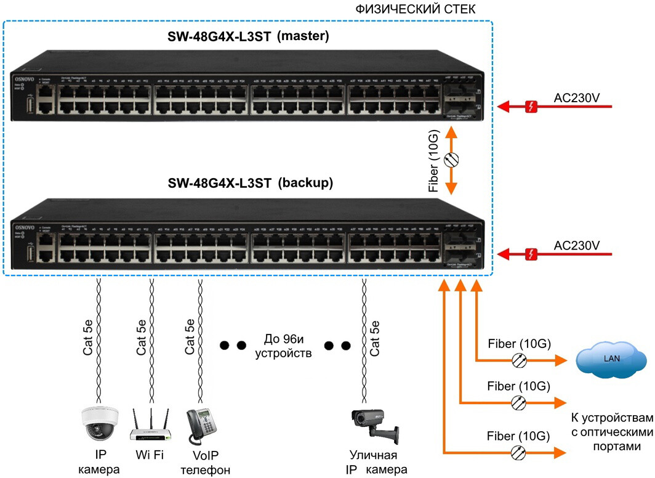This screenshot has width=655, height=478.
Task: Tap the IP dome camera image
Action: pos(98,424)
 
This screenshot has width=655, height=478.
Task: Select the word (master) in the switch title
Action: pos(303,36)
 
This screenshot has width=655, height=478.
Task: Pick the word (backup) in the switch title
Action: pos(305,183)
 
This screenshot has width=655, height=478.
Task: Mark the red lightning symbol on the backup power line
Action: pos(532,253)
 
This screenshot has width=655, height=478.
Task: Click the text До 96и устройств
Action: pos(284,346)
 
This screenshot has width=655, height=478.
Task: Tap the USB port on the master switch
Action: pos(30,106)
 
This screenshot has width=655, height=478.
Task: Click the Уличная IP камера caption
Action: pos(373,463)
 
